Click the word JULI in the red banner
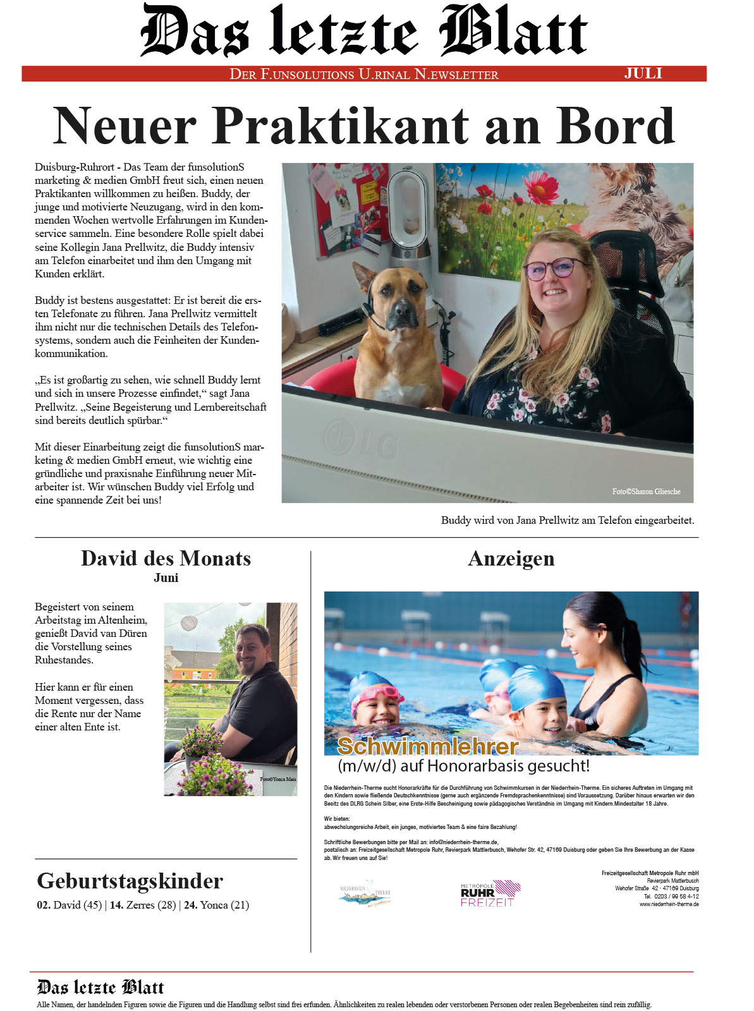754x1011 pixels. (x=643, y=73)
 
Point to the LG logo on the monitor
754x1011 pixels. (x=362, y=440)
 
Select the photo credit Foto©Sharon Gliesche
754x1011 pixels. (x=646, y=492)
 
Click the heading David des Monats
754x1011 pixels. (x=166, y=559)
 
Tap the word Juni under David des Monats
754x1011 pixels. (x=166, y=578)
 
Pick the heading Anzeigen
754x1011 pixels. (x=511, y=559)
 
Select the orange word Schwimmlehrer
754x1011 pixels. (x=428, y=746)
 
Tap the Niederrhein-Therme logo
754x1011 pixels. (x=365, y=894)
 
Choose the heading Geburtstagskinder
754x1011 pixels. (x=130, y=881)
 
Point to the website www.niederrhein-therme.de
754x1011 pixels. (x=669, y=904)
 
